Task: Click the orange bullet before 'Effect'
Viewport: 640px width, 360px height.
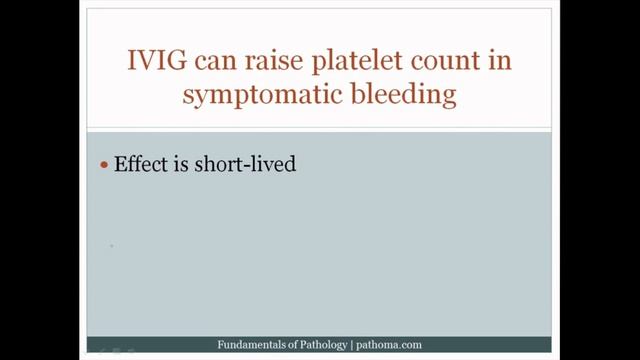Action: pyautogui.click(x=106, y=165)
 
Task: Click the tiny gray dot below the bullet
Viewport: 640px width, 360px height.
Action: pyautogui.click(x=111, y=244)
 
